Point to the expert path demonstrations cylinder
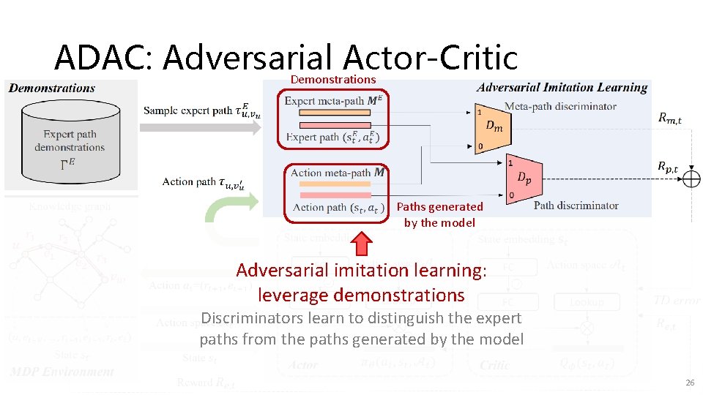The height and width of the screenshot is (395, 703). point(69,139)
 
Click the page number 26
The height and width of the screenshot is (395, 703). point(689,383)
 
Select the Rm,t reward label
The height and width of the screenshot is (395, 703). point(669,117)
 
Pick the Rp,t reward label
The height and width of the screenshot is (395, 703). point(668,168)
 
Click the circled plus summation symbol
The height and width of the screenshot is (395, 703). point(691,178)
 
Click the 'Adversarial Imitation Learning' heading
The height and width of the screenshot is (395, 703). point(562,88)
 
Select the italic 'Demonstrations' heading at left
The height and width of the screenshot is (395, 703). point(52,88)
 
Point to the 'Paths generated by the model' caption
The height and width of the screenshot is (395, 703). point(439,214)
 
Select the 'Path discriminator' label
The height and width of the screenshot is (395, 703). point(576,206)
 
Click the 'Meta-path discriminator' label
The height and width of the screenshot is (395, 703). point(560,106)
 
